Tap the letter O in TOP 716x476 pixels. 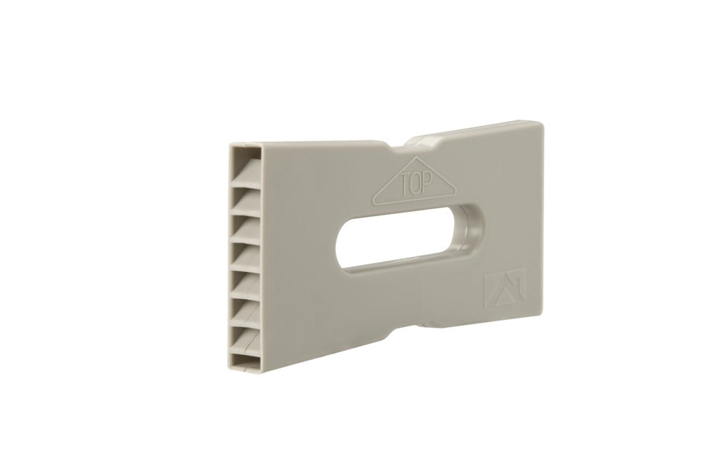pos(415,184)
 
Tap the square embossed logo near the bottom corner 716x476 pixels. pos(505,289)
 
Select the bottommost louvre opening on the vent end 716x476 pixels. pos(246,361)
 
